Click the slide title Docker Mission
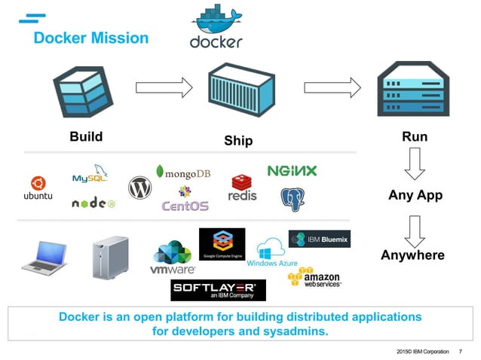(91, 38)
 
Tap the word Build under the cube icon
(86, 137)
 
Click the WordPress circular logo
(140, 188)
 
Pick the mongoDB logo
(183, 173)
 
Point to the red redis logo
(243, 188)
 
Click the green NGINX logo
(293, 171)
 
